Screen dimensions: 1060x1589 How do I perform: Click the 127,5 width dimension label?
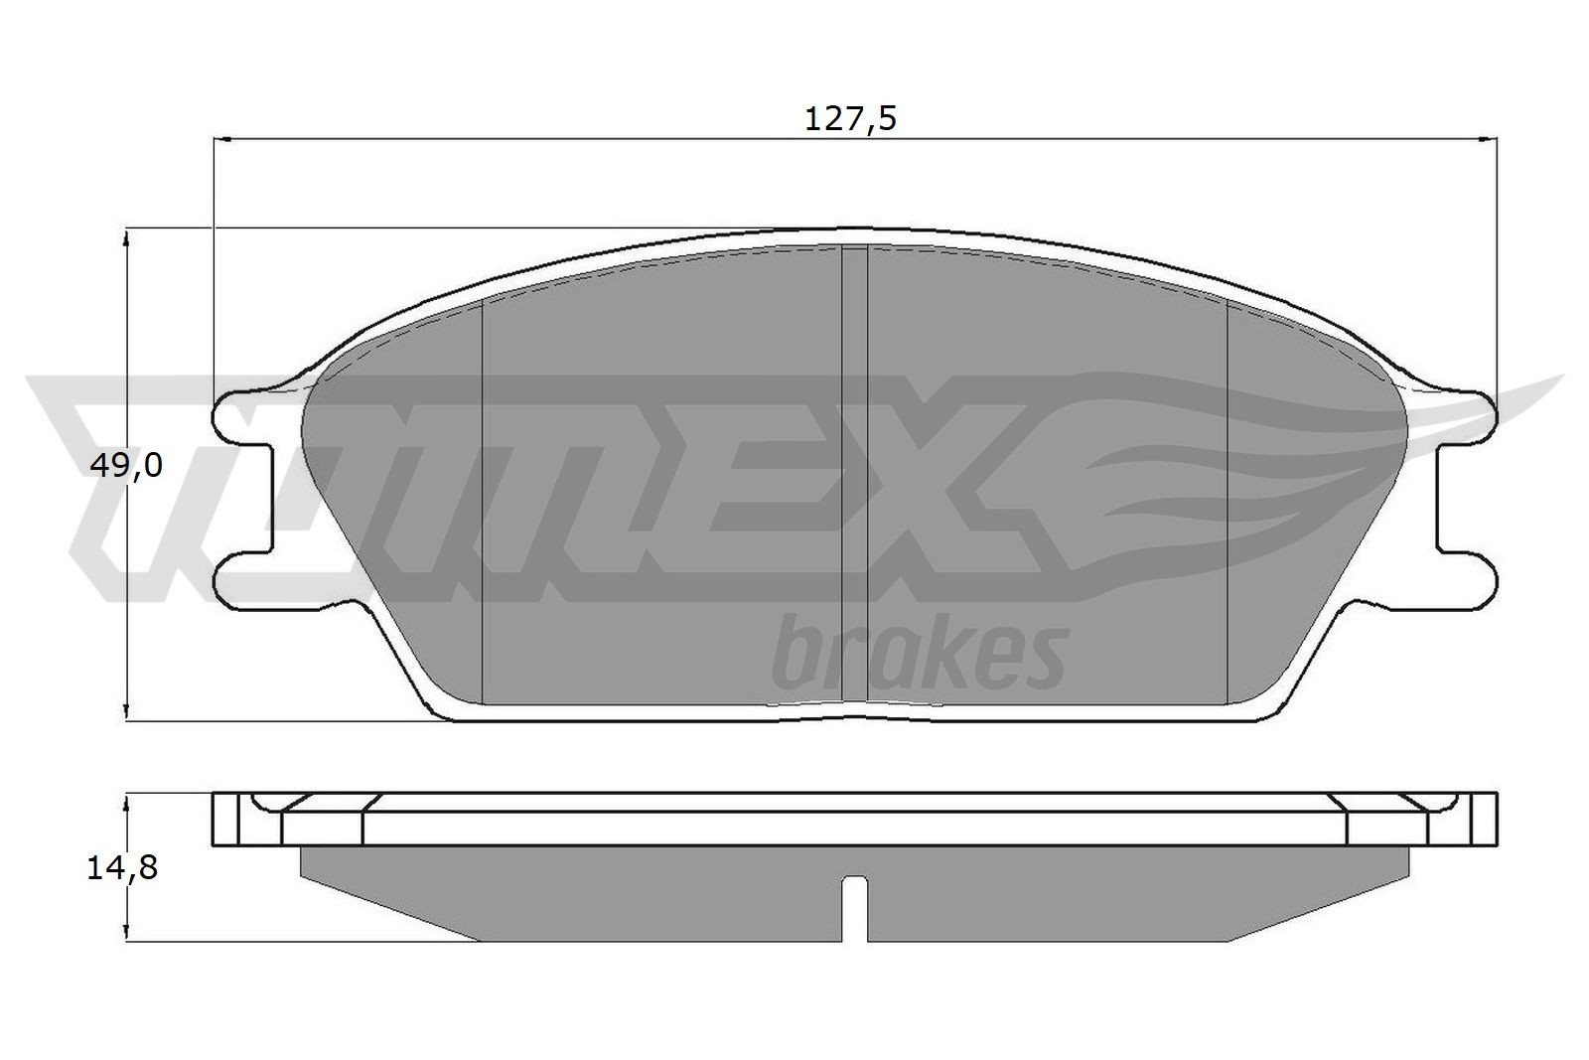click(849, 119)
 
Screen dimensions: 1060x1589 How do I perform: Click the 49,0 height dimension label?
click(125, 465)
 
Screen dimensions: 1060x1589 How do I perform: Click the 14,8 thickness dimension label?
click(122, 868)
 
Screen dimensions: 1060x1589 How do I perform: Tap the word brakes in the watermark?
click(918, 654)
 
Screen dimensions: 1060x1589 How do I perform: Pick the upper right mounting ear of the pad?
click(1470, 413)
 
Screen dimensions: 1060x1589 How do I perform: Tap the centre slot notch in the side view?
click(855, 904)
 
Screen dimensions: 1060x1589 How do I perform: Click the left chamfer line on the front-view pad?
click(482, 497)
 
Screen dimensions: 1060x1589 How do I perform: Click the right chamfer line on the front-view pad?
click(1228, 497)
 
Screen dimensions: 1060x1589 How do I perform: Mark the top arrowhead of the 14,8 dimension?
click(126, 801)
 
